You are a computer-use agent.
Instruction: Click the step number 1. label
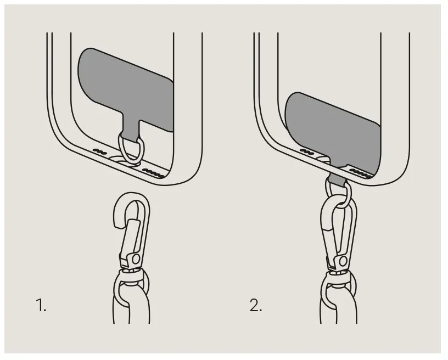click(x=41, y=305)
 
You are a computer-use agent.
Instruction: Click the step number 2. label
click(x=255, y=305)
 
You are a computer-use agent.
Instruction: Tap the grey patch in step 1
click(x=126, y=88)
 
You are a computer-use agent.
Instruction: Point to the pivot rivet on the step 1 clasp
click(x=136, y=259)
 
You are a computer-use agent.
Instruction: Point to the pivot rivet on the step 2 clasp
click(x=343, y=261)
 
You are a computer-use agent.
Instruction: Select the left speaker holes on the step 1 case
click(x=100, y=151)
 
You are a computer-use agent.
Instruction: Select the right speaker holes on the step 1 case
click(x=154, y=173)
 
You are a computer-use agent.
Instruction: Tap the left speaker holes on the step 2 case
click(x=307, y=151)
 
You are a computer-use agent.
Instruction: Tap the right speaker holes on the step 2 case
click(x=361, y=173)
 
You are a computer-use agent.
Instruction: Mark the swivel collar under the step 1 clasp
click(x=131, y=274)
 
